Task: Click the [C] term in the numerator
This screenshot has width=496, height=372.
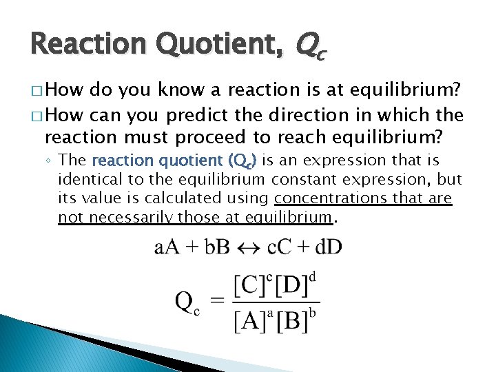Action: (250, 284)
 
